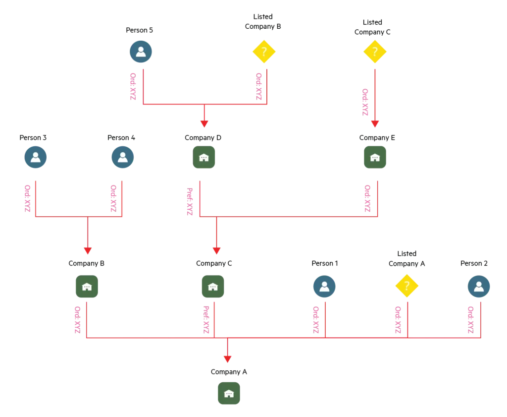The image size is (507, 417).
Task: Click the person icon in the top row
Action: pyautogui.click(x=141, y=52)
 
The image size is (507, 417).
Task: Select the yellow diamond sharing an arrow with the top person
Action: pyautogui.click(x=264, y=51)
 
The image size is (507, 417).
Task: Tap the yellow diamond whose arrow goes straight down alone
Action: pyautogui.click(x=375, y=51)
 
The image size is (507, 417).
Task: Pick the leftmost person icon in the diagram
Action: pyautogui.click(x=36, y=157)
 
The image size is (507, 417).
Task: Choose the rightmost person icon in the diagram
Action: pyautogui.click(x=479, y=287)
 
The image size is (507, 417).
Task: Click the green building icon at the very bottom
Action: pyautogui.click(x=229, y=394)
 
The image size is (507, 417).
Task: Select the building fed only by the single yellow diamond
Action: pyautogui.click(x=375, y=157)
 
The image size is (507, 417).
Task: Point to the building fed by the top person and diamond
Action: pyautogui.click(x=203, y=157)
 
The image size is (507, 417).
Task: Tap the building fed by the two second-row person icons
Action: pyautogui.click(x=87, y=287)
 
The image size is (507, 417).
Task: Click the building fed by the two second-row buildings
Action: pyautogui.click(x=213, y=287)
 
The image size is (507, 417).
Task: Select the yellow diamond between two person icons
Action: pyautogui.click(x=406, y=286)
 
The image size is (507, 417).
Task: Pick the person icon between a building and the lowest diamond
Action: pyautogui.click(x=324, y=287)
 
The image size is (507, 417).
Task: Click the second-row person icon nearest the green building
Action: pyautogui.click(x=123, y=157)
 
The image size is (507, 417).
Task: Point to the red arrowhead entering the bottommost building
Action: pyautogui.click(x=227, y=358)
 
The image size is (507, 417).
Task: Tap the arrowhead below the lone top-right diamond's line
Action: pyautogui.click(x=375, y=124)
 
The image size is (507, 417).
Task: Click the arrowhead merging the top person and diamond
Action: pyautogui.click(x=204, y=124)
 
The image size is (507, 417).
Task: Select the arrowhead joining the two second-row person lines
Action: pyautogui.click(x=88, y=250)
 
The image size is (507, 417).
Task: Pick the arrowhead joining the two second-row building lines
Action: pyautogui.click(x=216, y=250)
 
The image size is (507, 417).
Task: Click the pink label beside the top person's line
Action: pyautogui.click(x=133, y=87)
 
